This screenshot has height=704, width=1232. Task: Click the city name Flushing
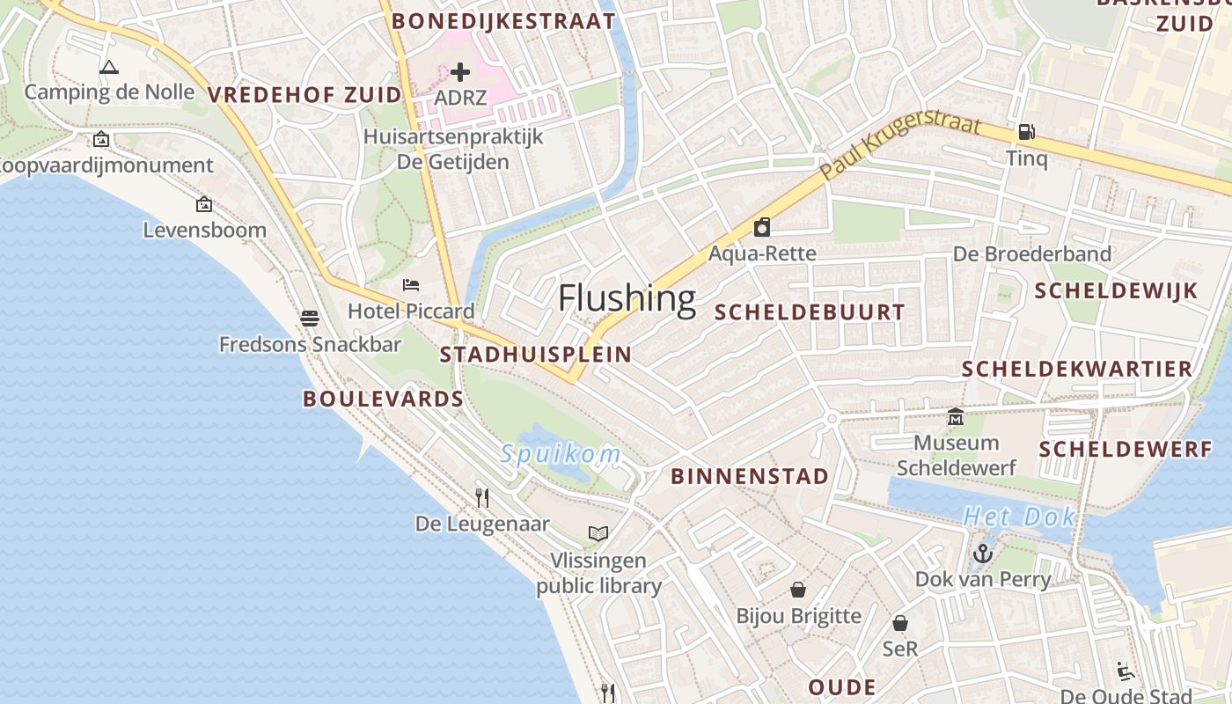pyautogui.click(x=627, y=299)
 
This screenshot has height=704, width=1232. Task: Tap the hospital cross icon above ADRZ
pyautogui.click(x=460, y=72)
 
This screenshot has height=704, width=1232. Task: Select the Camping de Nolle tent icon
pyautogui.click(x=109, y=67)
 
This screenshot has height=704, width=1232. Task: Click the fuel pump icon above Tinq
pyautogui.click(x=1026, y=132)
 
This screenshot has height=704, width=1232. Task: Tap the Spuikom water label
pyautogui.click(x=561, y=454)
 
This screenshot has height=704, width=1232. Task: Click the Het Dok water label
pyautogui.click(x=1019, y=517)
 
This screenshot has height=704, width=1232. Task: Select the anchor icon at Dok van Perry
pyautogui.click(x=983, y=554)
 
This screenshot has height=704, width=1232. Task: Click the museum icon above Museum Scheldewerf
pyautogui.click(x=956, y=417)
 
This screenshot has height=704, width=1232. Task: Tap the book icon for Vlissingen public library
pyautogui.click(x=598, y=533)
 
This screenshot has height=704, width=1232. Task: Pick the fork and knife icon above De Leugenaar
pyautogui.click(x=482, y=498)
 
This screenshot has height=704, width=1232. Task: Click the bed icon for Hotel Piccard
pyautogui.click(x=411, y=284)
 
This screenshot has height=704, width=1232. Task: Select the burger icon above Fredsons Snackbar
pyautogui.click(x=309, y=318)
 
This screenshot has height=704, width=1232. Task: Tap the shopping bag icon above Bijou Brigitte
pyautogui.click(x=798, y=589)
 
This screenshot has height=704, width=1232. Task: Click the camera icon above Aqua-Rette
pyautogui.click(x=762, y=227)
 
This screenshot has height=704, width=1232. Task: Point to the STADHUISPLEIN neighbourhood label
pyautogui.click(x=535, y=355)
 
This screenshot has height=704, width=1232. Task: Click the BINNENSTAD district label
pyautogui.click(x=750, y=477)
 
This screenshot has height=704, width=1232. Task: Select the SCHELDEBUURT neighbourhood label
pyautogui.click(x=810, y=312)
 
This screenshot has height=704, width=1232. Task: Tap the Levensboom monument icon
pyautogui.click(x=204, y=204)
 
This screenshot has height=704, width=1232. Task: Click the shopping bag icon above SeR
pyautogui.click(x=900, y=623)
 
